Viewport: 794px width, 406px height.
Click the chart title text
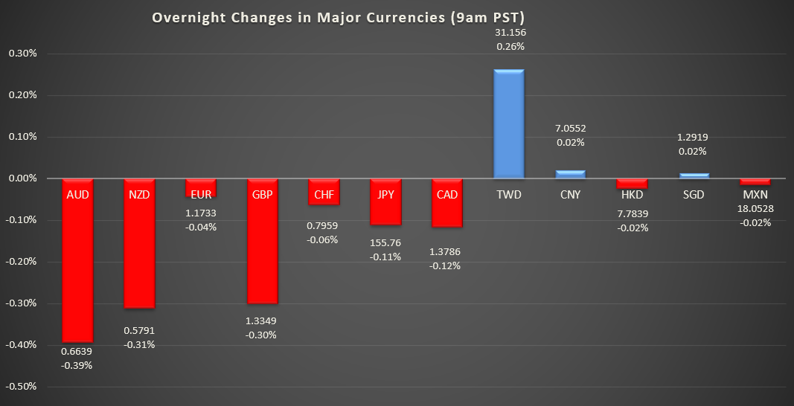point(343,17)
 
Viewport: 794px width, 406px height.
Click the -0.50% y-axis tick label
point(22,387)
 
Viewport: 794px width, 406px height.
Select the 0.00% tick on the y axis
point(22,178)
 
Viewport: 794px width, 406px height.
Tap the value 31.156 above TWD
point(510,32)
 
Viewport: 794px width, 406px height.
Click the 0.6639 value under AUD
point(77,352)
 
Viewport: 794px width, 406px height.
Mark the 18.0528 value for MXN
point(755,208)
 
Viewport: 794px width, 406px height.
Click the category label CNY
point(572,195)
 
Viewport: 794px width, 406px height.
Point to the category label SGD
point(694,195)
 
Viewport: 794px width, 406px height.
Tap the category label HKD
point(633,195)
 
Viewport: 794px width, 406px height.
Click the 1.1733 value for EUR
point(201,213)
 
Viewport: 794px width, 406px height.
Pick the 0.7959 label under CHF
point(324,225)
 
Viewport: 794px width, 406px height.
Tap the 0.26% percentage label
point(510,46)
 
